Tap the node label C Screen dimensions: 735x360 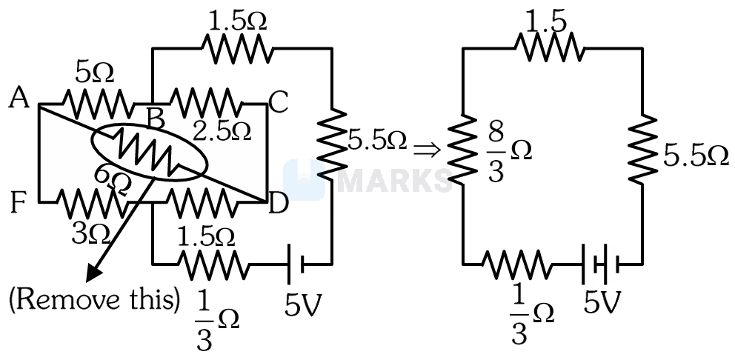(x=278, y=103)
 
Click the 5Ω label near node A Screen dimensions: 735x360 (x=94, y=73)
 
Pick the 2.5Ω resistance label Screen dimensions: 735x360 (x=222, y=132)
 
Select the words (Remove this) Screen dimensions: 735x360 (x=94, y=300)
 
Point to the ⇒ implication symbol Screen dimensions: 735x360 (x=427, y=150)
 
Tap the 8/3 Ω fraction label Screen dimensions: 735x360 (x=504, y=154)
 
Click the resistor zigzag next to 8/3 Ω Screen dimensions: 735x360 (x=463, y=149)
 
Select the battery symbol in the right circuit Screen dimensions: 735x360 (x=601, y=264)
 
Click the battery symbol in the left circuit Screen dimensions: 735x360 (x=295, y=264)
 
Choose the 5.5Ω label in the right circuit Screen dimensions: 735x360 (x=696, y=157)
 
